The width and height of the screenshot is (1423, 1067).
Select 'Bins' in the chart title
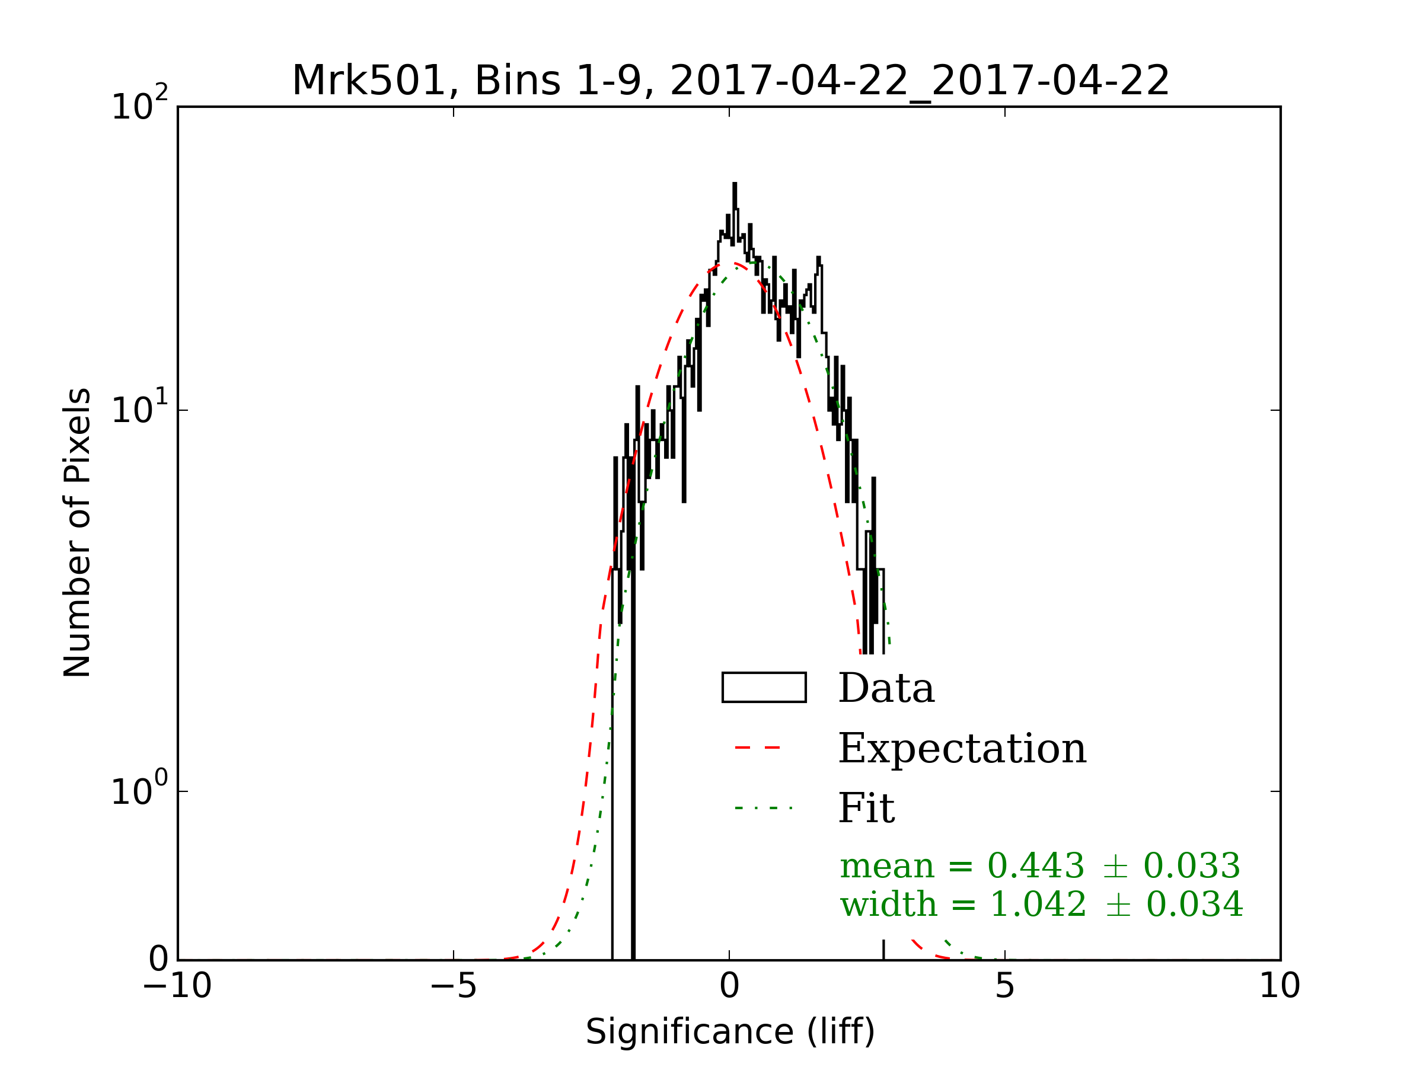516,82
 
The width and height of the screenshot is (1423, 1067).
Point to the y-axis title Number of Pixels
78,532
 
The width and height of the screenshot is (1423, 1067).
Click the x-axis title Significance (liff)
729,1032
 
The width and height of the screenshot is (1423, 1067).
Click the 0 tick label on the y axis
158,960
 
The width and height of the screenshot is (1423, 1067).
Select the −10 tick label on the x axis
177,986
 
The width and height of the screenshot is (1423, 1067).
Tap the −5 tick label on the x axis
453,986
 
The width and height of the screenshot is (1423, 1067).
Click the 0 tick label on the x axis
729,986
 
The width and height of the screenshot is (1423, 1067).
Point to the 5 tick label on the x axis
1004,986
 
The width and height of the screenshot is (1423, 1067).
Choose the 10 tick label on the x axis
1280,986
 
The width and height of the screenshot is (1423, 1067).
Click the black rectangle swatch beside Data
764,688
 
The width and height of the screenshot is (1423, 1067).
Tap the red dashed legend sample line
757,747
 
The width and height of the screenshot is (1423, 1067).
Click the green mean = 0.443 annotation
1039,865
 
